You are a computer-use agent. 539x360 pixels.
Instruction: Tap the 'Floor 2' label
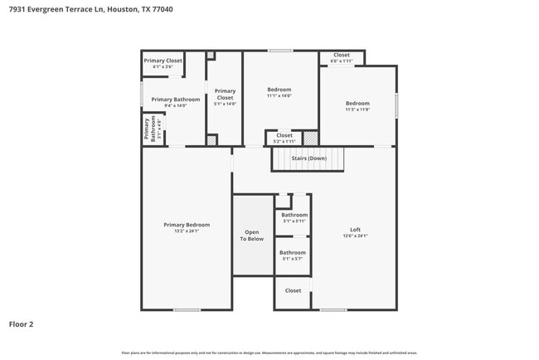21,324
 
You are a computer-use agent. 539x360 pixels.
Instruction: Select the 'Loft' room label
355,230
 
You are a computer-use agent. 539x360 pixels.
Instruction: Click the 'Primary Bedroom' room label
187,225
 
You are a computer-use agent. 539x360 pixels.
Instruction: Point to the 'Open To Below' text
252,236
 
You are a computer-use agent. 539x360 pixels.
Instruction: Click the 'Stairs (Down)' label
308,158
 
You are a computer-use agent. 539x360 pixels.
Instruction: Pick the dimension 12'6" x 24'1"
355,236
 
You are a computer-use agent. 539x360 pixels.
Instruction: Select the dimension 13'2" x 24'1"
187,231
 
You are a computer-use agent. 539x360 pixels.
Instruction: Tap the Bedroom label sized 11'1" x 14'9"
279,90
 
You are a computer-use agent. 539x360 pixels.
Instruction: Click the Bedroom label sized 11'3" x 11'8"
357,104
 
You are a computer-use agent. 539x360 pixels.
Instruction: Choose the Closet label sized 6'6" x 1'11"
342,56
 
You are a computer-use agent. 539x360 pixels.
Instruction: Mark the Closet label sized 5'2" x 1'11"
284,135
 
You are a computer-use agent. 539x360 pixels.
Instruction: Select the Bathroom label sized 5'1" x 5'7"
292,253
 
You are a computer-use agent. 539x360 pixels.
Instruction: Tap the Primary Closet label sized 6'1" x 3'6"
163,61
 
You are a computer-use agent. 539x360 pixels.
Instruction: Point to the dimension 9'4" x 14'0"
175,106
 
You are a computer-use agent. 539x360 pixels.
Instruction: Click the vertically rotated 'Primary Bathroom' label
150,129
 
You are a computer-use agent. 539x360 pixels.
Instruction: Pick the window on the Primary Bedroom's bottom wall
187,310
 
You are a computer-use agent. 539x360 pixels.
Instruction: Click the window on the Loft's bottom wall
333,310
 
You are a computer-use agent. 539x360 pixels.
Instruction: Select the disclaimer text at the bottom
269,353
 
